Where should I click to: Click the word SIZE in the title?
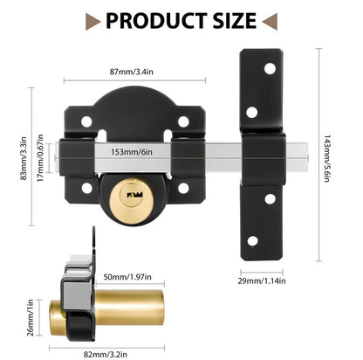(235, 21)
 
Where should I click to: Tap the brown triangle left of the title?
(92, 21)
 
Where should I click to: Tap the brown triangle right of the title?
(270, 21)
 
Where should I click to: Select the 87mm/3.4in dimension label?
(132, 72)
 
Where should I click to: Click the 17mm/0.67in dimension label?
(40, 158)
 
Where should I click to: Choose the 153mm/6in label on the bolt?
(132, 152)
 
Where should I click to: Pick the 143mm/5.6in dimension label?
(327, 158)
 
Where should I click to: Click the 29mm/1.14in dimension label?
(262, 281)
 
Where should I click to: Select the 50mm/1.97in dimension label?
(127, 277)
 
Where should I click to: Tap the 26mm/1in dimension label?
(31, 317)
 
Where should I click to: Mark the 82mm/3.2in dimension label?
(106, 355)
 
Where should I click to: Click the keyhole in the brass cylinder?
(134, 195)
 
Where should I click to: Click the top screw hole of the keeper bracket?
(270, 69)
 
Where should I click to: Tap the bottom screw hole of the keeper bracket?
(252, 241)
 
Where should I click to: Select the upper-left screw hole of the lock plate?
(86, 121)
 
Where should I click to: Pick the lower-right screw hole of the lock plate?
(183, 188)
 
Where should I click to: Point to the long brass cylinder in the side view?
(128, 308)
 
